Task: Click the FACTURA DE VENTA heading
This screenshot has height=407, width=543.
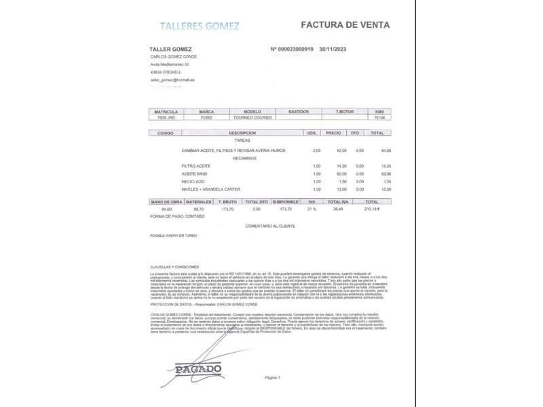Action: (x=345, y=25)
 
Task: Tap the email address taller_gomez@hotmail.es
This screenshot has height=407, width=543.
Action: (x=172, y=79)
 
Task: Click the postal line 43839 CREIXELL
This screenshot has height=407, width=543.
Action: (x=166, y=71)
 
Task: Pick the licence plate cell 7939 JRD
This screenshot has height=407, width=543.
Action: (x=166, y=117)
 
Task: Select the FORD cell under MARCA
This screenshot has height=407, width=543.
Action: (x=206, y=117)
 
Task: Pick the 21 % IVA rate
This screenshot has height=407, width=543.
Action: (x=312, y=209)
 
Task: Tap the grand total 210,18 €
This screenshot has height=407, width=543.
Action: (x=372, y=209)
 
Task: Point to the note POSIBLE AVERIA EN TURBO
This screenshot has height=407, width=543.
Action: (x=174, y=235)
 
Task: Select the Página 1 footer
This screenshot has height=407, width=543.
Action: (x=272, y=377)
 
